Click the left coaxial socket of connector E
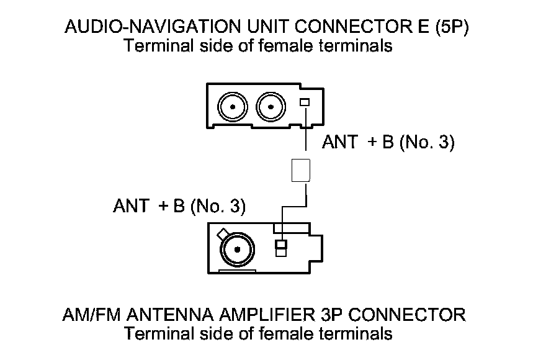(x=233, y=107)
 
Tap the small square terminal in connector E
(x=304, y=102)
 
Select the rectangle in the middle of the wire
(x=300, y=169)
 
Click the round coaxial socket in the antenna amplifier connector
(x=236, y=251)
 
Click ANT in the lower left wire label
(x=130, y=206)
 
